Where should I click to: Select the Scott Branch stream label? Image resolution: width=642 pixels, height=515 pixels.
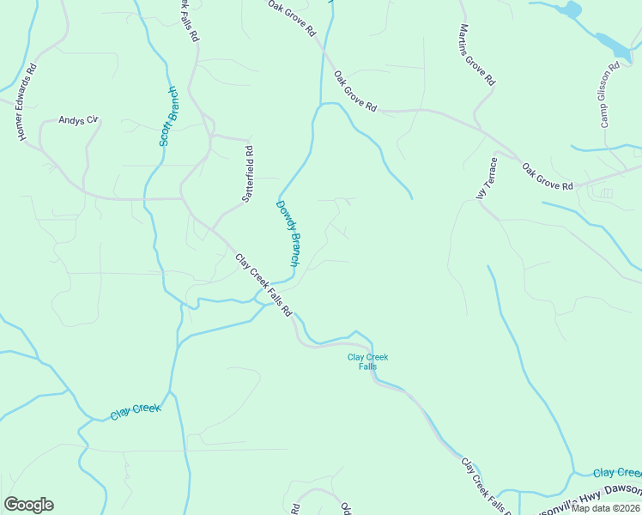tap(169, 115)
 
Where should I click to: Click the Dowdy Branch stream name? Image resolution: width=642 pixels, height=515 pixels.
tap(288, 233)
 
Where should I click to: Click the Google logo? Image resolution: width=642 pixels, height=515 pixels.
tap(28, 505)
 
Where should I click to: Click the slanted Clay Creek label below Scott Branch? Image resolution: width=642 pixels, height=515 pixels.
tap(136, 412)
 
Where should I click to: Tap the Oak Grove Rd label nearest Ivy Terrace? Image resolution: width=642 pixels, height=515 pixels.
tap(547, 173)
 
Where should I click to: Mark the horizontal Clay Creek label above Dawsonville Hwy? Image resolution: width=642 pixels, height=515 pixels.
tap(617, 473)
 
